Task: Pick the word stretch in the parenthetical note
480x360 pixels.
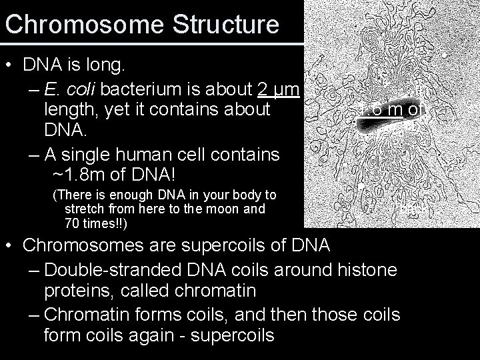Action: pos(88,209)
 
